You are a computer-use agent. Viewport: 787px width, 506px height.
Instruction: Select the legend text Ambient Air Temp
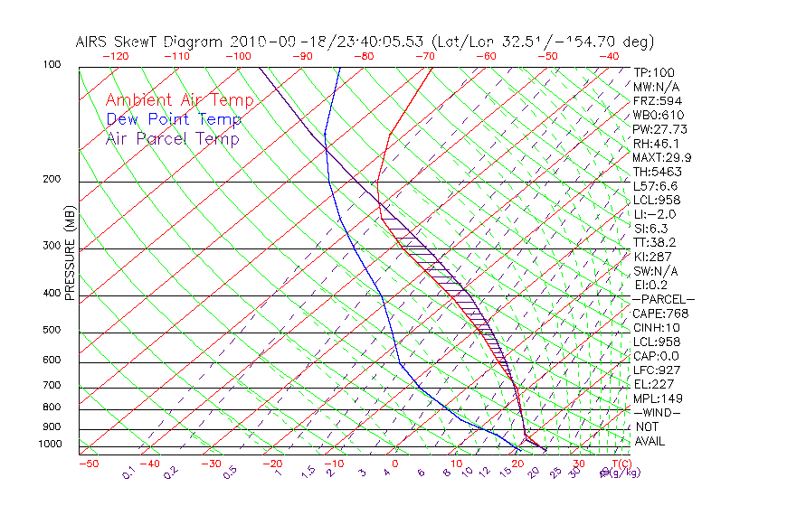click(179, 100)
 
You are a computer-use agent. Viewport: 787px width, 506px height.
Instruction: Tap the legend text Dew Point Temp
click(174, 119)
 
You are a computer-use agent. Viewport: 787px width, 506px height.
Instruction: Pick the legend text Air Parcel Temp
click(172, 138)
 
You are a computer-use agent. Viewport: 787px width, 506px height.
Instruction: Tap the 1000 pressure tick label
click(52, 445)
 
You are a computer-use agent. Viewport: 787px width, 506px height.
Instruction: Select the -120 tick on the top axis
click(115, 56)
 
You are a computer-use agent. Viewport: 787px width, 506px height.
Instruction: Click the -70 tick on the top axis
click(424, 56)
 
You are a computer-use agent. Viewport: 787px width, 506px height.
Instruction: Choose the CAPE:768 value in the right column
click(660, 314)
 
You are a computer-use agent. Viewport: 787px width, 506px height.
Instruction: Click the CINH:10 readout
click(657, 327)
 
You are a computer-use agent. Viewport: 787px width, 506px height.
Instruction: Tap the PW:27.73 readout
click(660, 129)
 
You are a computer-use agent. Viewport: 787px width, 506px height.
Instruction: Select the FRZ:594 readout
click(657, 100)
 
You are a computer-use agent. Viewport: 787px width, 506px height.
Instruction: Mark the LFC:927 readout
click(657, 370)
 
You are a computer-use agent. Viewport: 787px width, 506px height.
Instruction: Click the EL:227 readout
click(653, 384)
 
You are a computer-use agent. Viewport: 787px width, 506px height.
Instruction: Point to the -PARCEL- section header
click(664, 299)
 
